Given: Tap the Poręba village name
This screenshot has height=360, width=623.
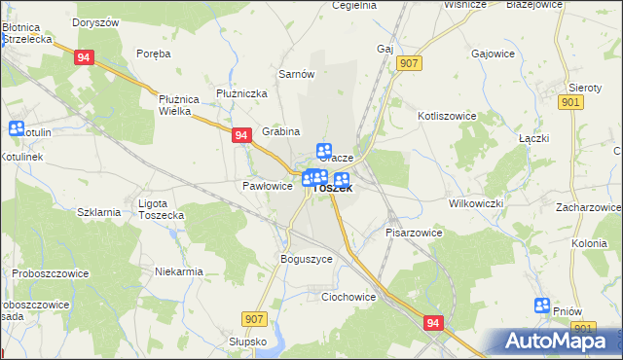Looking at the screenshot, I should pyautogui.click(x=154, y=54).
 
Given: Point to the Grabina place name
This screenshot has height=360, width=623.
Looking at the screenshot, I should pyautogui.click(x=281, y=131).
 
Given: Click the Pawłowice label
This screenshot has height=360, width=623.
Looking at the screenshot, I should pyautogui.click(x=267, y=185).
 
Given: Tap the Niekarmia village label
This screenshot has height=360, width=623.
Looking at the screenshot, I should pyautogui.click(x=178, y=271).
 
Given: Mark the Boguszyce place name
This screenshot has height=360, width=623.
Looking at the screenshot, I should pyautogui.click(x=307, y=260).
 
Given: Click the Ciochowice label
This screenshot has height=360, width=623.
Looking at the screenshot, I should pyautogui.click(x=348, y=297).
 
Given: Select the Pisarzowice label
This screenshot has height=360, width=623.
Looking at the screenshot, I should pyautogui.click(x=415, y=233).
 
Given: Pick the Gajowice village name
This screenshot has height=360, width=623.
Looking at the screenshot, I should pyautogui.click(x=492, y=54).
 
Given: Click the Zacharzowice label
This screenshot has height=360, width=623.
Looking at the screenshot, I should pyautogui.click(x=589, y=207).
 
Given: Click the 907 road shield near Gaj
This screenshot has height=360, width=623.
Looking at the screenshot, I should pyautogui.click(x=410, y=62).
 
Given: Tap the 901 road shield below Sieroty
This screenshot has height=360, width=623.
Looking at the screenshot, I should pyautogui.click(x=572, y=102).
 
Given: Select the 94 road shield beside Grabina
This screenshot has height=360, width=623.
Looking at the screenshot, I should pyautogui.click(x=241, y=137).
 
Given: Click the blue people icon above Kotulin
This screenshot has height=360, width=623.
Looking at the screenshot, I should pyautogui.click(x=17, y=128).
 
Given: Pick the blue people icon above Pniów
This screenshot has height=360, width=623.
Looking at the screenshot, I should pyautogui.click(x=543, y=306).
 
